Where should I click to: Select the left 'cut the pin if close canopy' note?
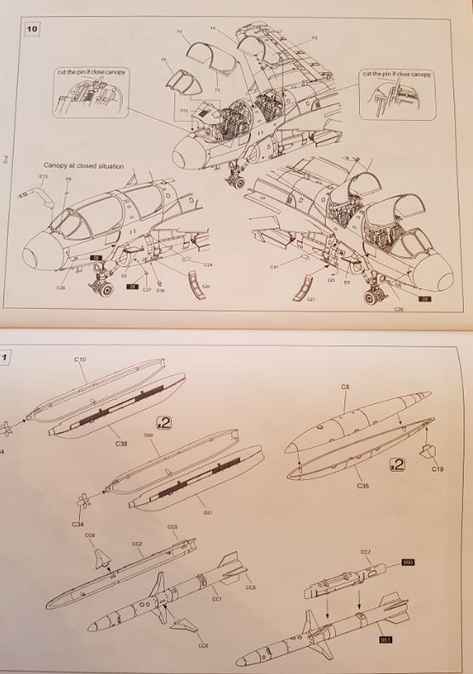click(92, 74)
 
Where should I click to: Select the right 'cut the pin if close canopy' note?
click(397, 74)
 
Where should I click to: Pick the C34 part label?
click(77, 524)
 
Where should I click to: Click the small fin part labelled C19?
click(438, 469)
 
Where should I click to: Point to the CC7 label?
click(366, 552)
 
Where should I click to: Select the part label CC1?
click(216, 599)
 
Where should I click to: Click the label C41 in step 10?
click(274, 267)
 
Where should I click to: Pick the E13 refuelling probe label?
click(43, 176)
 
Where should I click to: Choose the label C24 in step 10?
click(208, 266)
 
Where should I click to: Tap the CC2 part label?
click(136, 543)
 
